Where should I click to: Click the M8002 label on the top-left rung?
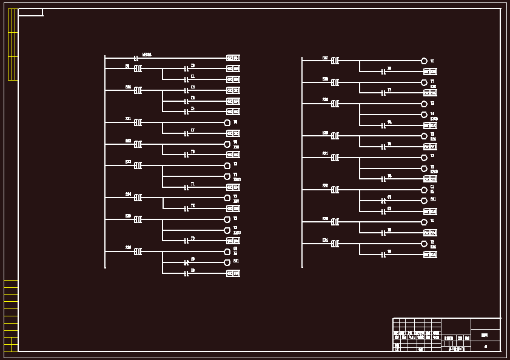tap(147, 55)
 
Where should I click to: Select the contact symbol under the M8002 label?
tap(136, 59)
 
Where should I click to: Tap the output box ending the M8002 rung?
tap(233, 58)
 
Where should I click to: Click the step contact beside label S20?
tap(138, 90)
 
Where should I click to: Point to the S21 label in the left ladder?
tap(128, 119)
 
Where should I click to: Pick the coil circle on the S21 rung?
tap(227, 122)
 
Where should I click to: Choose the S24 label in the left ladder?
tap(128, 194)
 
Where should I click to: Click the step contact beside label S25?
tap(138, 219)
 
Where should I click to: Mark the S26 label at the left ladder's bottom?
tap(128, 248)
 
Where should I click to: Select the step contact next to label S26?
tap(138, 252)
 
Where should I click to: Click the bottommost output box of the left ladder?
tap(233, 273)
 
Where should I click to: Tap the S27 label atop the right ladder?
tap(325, 58)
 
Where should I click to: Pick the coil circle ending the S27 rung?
tap(424, 61)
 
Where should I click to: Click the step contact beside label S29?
tap(335, 104)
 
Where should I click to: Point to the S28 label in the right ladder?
tap(325, 79)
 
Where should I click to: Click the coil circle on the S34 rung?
tap(424, 244)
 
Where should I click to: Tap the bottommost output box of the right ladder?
tap(430, 255)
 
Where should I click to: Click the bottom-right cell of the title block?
tap(485, 346)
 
